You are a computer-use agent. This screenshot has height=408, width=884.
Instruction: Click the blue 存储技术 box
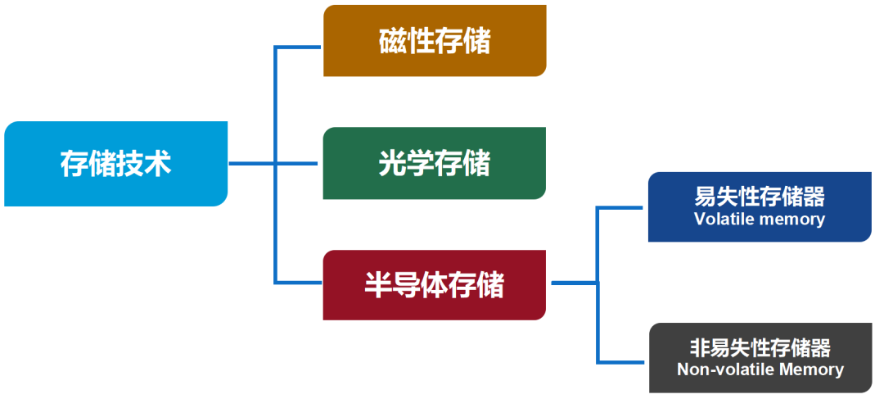pyautogui.click(x=115, y=163)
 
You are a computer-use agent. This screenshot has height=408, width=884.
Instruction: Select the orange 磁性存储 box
pyautogui.click(x=435, y=41)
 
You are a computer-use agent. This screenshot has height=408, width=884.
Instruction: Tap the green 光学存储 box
pyautogui.click(x=435, y=163)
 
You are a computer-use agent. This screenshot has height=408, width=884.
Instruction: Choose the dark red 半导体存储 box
pyautogui.click(x=435, y=284)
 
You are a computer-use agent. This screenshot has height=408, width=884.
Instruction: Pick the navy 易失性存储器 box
pyautogui.click(x=760, y=206)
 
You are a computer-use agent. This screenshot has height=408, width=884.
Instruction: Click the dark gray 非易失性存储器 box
pyautogui.click(x=760, y=357)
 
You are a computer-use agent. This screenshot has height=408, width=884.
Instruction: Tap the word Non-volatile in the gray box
pyautogui.click(x=724, y=369)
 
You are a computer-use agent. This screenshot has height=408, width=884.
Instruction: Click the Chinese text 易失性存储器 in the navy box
pyautogui.click(x=760, y=197)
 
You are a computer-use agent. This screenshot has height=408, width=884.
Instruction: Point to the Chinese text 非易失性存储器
pyautogui.click(x=760, y=347)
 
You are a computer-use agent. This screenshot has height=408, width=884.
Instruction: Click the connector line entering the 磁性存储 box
pyautogui.click(x=299, y=47)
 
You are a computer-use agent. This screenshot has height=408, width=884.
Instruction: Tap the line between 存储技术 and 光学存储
pyautogui.click(x=274, y=163)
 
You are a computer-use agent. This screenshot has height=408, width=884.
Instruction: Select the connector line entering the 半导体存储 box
pyautogui.click(x=299, y=283)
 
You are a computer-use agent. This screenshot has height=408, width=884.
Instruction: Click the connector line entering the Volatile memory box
pyautogui.click(x=623, y=208)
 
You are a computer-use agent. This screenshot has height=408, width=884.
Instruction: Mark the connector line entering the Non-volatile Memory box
pyautogui.click(x=623, y=360)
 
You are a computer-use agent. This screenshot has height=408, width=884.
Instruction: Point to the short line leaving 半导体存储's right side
pyautogui.click(x=573, y=283)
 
